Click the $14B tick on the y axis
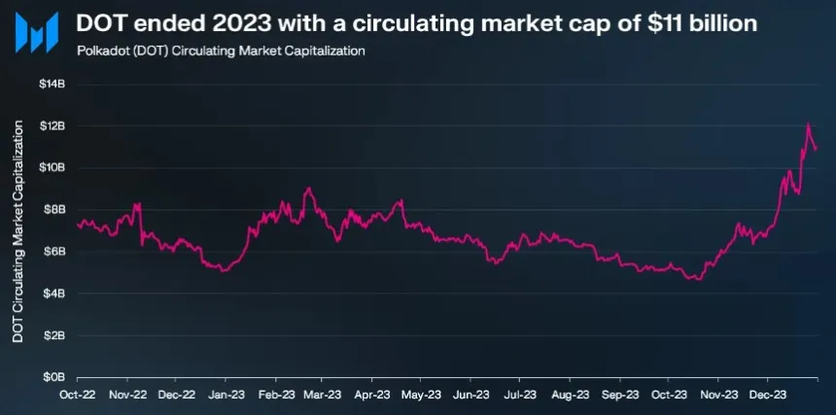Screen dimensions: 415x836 (x=52, y=84)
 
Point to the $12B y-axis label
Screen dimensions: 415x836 (x=52, y=125)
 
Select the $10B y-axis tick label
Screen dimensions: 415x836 (x=52, y=167)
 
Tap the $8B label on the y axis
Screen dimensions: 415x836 (x=54, y=209)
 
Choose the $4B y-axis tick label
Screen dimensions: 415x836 (x=54, y=293)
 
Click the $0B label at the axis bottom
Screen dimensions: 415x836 (x=54, y=376)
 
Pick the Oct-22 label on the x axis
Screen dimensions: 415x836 (x=77, y=396)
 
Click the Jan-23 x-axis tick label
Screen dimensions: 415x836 (x=225, y=396)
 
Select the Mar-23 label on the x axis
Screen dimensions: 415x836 (x=323, y=396)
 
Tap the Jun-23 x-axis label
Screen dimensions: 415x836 (x=470, y=396)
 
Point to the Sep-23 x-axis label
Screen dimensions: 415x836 (x=618, y=396)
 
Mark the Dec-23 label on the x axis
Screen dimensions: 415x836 (x=766, y=396)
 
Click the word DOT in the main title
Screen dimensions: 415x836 (x=100, y=23)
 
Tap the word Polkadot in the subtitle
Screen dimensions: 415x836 (x=102, y=51)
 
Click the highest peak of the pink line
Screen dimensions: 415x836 (x=808, y=124)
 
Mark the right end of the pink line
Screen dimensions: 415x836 (x=817, y=149)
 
